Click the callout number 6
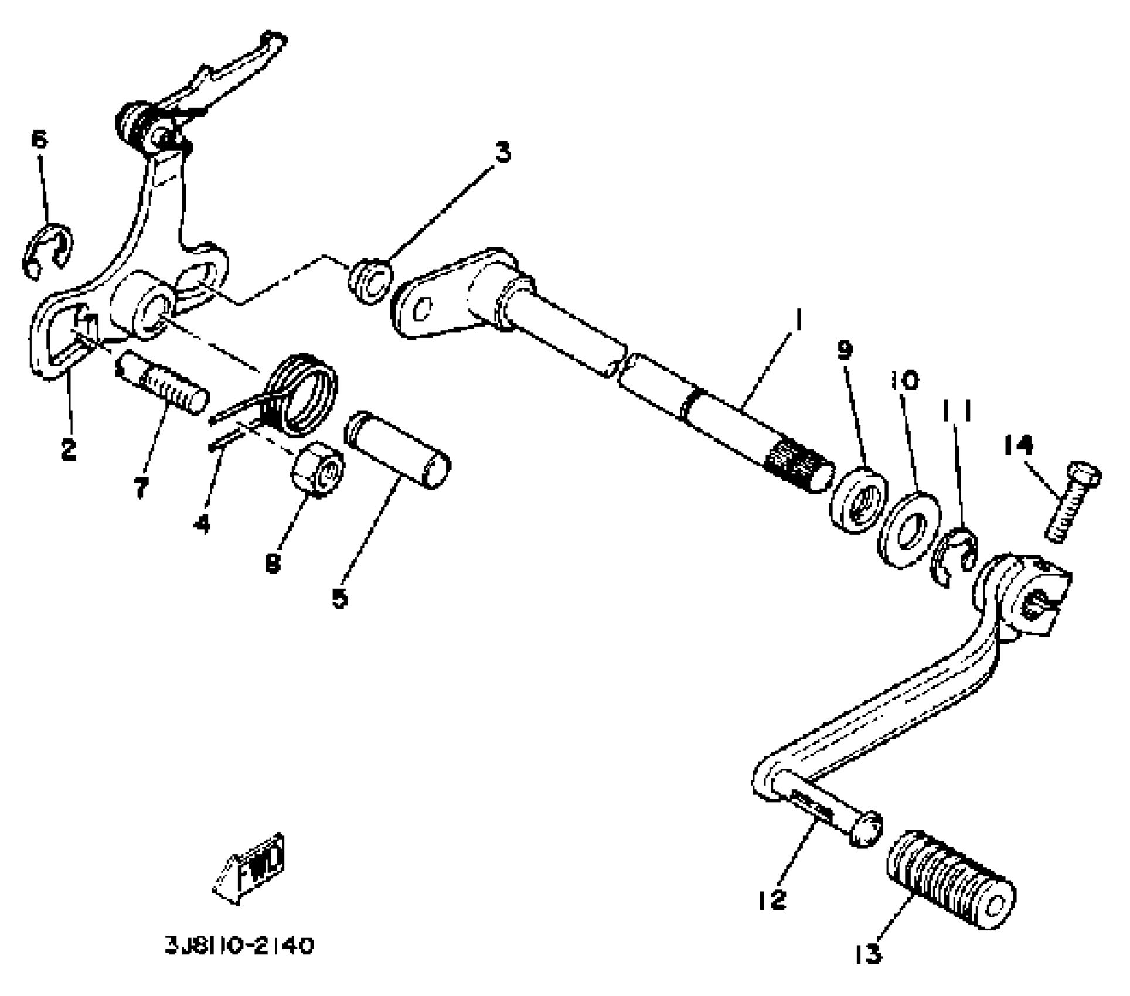coord(39,140)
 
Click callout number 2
coord(69,449)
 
